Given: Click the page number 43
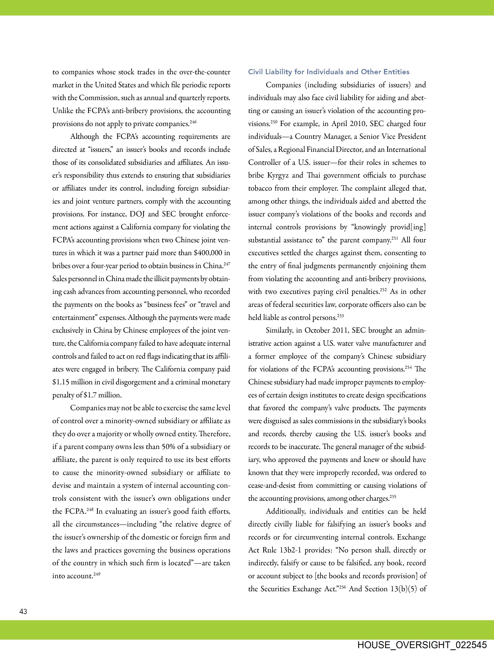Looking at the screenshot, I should point(23,611).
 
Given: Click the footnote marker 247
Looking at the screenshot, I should point(227,264).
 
